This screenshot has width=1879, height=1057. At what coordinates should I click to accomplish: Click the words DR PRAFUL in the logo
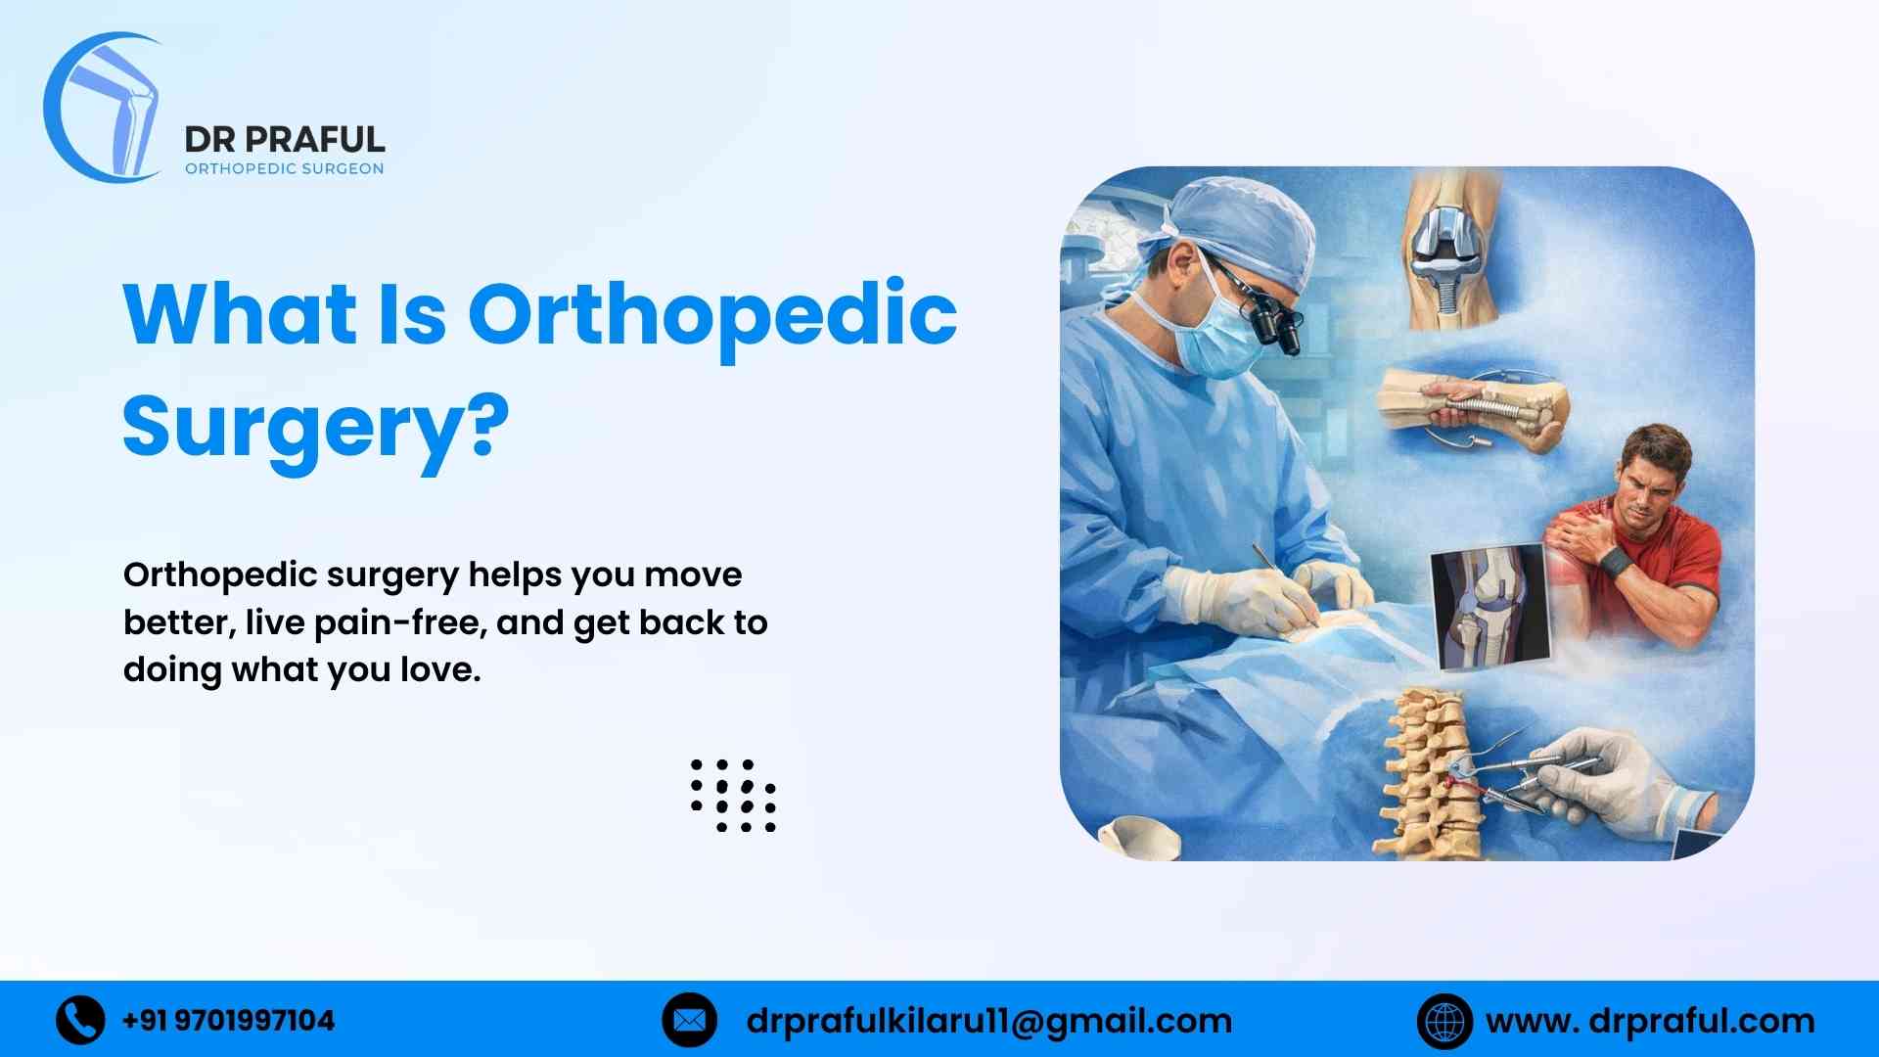click(284, 139)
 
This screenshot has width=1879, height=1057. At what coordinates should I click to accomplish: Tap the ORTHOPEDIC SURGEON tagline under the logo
click(284, 168)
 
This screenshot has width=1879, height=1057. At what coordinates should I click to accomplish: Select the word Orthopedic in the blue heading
click(711, 314)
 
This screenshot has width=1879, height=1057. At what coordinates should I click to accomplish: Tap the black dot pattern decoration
click(733, 795)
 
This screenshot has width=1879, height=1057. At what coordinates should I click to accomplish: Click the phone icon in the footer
click(80, 1020)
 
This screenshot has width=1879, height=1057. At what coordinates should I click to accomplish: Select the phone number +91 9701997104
click(228, 1021)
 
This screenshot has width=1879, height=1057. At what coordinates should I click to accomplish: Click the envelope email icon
click(689, 1020)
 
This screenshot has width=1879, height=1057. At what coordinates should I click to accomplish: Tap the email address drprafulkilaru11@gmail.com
click(988, 1021)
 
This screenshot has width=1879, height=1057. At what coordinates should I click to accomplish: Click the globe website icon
click(1444, 1021)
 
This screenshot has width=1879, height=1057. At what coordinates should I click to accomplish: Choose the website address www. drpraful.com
click(1650, 1021)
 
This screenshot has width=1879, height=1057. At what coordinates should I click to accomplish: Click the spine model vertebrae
click(1425, 773)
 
